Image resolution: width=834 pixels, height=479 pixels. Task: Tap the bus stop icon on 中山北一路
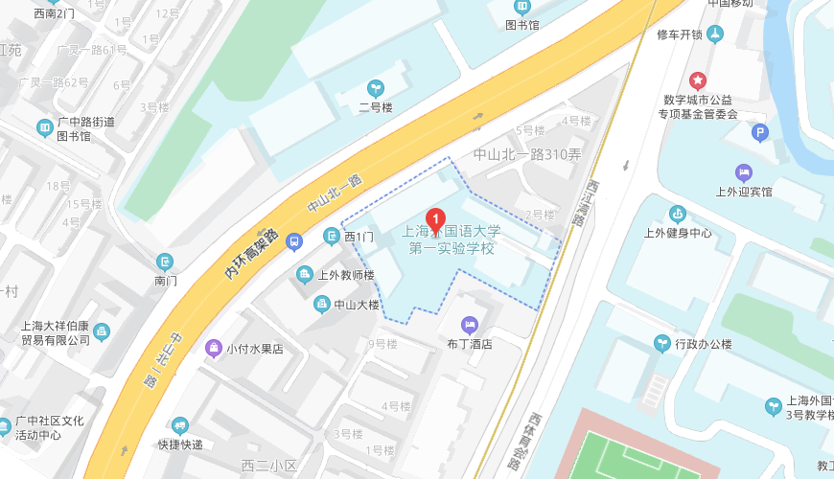(295, 240)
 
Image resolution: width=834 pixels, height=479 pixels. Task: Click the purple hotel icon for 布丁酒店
(469, 325)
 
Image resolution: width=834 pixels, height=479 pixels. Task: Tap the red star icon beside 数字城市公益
(698, 80)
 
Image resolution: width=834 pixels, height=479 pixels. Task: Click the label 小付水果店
(254, 349)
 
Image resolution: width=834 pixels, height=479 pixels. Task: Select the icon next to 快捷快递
(179, 426)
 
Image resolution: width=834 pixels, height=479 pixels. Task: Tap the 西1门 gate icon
(332, 236)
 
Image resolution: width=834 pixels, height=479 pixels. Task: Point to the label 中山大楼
(358, 306)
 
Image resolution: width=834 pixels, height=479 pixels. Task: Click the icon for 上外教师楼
(305, 275)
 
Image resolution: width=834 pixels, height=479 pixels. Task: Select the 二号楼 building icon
(376, 88)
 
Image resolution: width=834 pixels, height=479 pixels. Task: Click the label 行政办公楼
(703, 344)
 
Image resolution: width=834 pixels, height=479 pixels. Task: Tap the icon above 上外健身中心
(678, 213)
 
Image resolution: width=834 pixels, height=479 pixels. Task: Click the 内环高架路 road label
(251, 254)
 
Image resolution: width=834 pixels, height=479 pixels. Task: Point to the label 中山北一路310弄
(527, 154)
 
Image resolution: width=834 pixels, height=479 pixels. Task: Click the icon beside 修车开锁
(715, 35)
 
